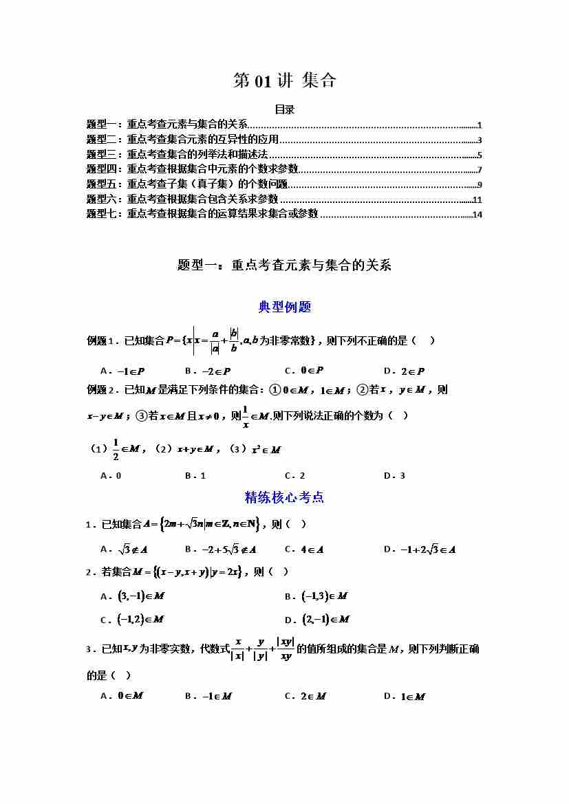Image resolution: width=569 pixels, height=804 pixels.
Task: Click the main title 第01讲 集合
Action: pos(284,80)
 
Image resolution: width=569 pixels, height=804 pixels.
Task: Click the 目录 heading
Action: pos(284,109)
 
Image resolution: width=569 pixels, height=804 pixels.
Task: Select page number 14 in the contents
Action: pos(477,215)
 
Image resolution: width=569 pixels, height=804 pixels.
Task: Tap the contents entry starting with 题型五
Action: pos(186,184)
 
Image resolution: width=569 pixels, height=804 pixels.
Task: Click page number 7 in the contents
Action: pos(479,169)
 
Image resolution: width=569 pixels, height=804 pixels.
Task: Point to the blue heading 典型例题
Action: pos(284,307)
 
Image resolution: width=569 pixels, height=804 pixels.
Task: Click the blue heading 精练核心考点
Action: pos(284,497)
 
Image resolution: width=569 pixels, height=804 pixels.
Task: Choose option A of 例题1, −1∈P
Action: pos(116,371)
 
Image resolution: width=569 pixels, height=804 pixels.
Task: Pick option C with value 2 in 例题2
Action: pos(294,475)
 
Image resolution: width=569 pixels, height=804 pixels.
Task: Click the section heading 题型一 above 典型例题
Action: pos(284,265)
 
